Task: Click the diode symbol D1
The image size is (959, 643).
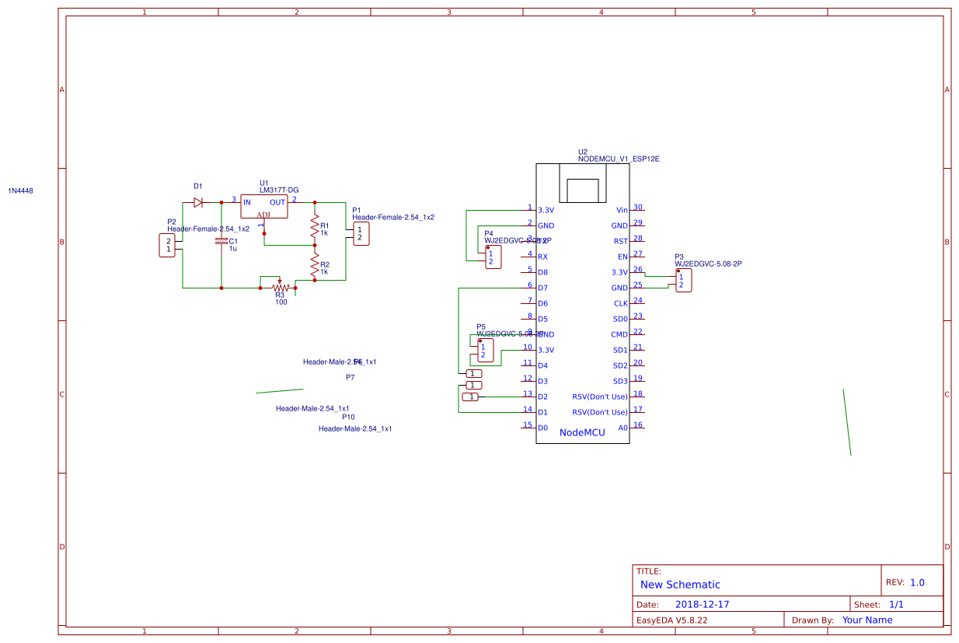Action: coord(198,202)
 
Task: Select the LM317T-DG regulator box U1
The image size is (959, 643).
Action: coord(263,206)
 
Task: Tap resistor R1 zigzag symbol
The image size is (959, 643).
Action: coord(315,227)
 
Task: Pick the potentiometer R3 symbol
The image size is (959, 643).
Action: coord(278,287)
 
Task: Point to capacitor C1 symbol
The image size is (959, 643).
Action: coord(221,242)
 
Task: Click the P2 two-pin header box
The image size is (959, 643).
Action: coord(167,246)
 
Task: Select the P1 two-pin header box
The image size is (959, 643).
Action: coord(361,233)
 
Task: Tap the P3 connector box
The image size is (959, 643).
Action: coord(682,281)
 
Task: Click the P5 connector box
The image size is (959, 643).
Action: coord(483,351)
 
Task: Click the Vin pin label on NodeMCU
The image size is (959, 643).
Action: coord(621,210)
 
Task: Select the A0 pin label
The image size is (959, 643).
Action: coord(622,428)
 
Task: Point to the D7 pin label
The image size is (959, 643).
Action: coord(542,288)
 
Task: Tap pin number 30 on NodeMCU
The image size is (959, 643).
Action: coord(638,207)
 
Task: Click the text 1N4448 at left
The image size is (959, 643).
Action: coord(21,190)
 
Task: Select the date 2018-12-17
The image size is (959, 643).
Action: coord(702,604)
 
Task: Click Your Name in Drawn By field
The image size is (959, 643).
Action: coord(867,620)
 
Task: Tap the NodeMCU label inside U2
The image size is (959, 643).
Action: coord(582,432)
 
